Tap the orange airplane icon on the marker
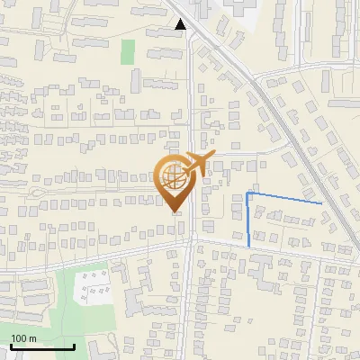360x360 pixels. click(197, 164)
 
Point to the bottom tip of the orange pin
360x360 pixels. click(175, 212)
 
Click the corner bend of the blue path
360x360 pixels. click(248, 193)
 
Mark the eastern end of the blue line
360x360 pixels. click(321, 203)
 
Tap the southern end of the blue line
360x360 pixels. click(249, 246)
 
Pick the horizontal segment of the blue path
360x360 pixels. click(284, 198)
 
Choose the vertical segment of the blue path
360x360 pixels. click(248, 220)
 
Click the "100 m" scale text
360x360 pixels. click(23, 338)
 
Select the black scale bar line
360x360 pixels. click(41, 346)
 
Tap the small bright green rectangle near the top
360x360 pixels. click(128, 51)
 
